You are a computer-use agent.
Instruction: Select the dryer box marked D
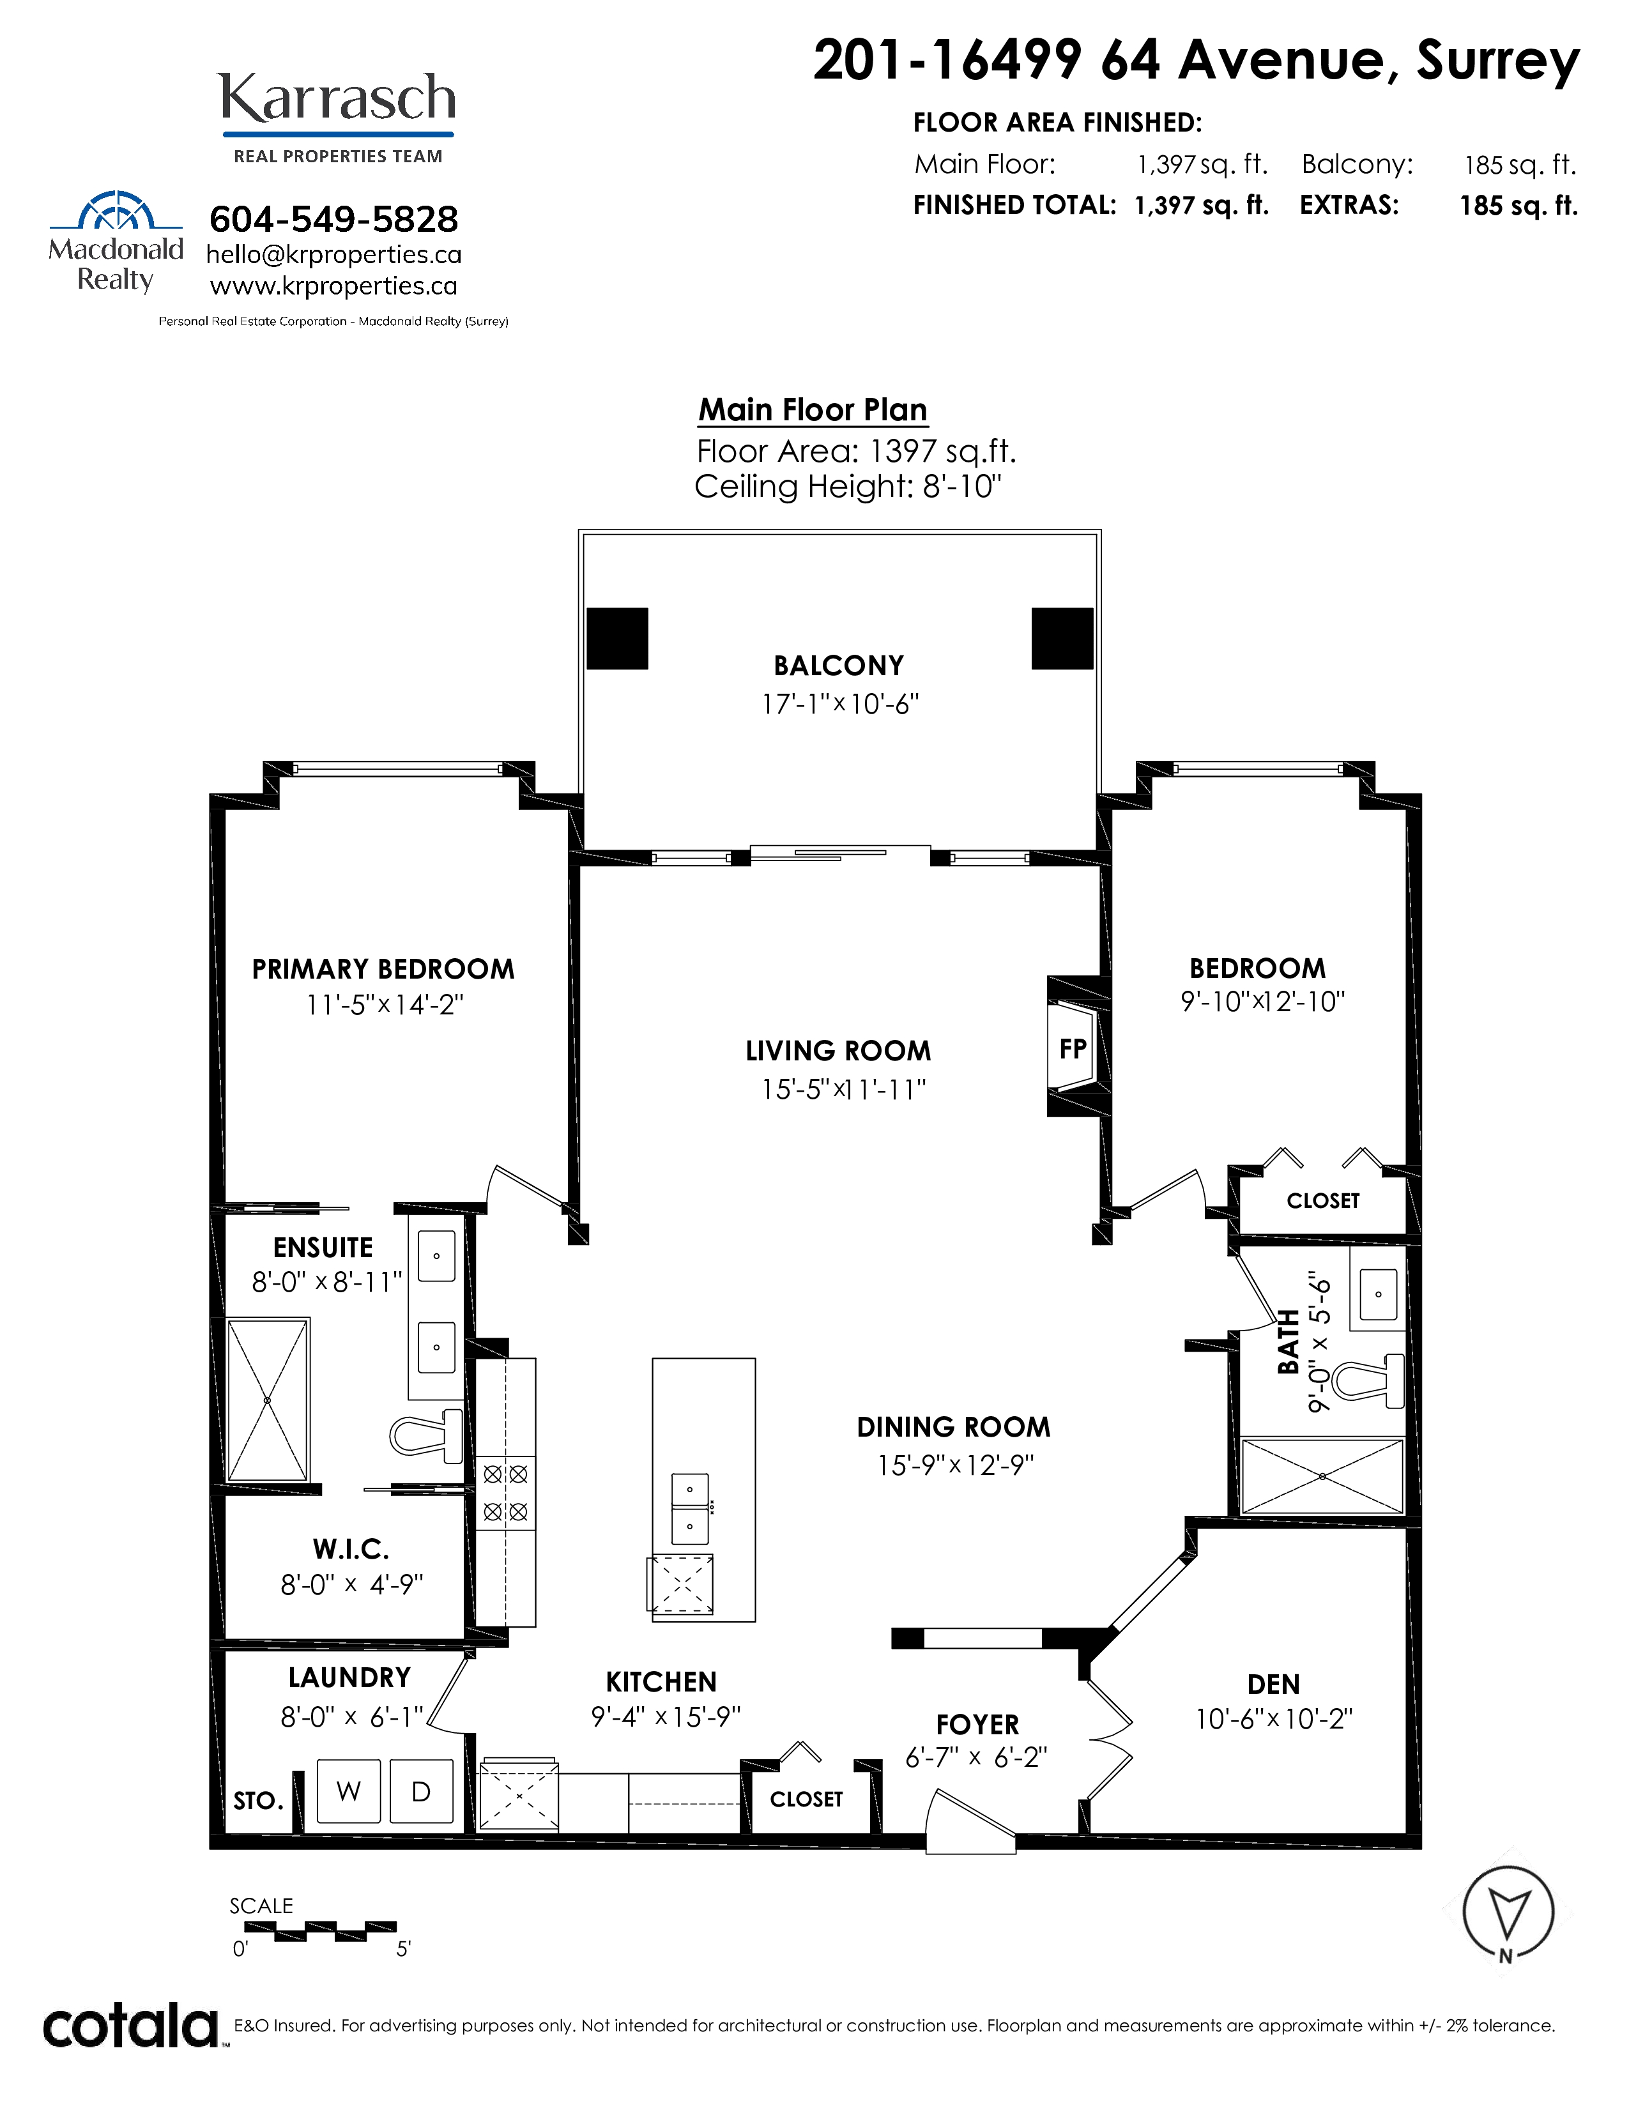tap(422, 1791)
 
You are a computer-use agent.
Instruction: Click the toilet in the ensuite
tap(427, 1434)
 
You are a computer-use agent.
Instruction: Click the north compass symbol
tap(1508, 1912)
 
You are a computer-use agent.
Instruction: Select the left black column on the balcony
tap(618, 638)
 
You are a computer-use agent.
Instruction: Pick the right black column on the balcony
tap(1062, 638)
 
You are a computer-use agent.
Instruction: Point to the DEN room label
tap(1274, 1684)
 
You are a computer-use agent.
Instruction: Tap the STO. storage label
tap(259, 1801)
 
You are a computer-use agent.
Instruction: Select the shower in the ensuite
tap(268, 1400)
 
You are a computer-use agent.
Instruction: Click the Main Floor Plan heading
tap(813, 409)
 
